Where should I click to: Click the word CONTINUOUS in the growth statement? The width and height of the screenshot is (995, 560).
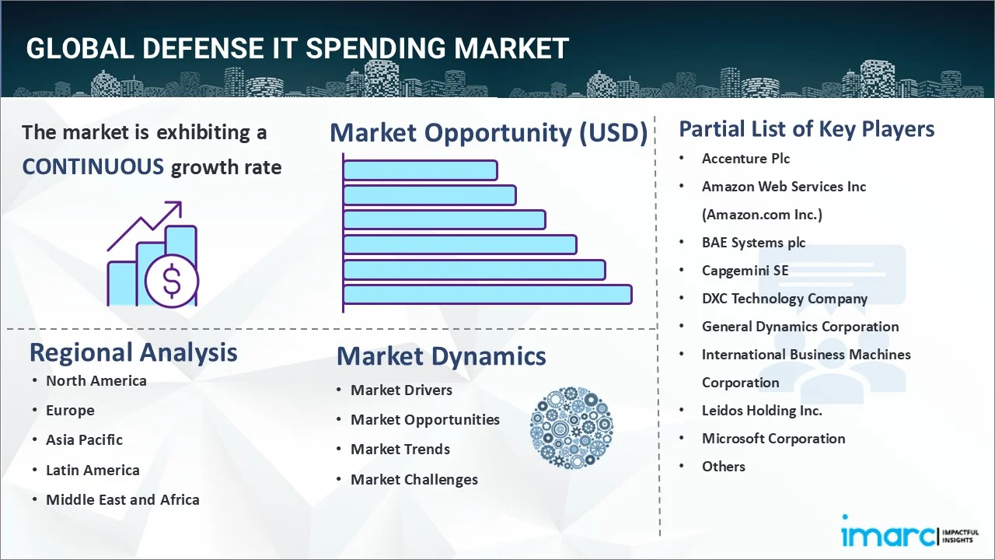point(93,166)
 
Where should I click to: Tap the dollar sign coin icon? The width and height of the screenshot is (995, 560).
point(172,281)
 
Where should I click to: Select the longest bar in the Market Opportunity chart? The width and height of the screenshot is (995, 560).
point(487,294)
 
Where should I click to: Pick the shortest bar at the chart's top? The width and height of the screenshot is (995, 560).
point(420,170)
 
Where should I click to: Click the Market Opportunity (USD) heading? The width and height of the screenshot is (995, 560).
point(488,133)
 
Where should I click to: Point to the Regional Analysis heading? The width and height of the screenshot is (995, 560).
point(133,352)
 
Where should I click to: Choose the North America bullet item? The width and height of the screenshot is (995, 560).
point(96,380)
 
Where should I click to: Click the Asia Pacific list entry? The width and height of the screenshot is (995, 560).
point(84,439)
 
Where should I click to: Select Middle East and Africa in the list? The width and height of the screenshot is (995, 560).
point(122,499)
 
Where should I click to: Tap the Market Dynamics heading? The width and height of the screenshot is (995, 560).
point(441,356)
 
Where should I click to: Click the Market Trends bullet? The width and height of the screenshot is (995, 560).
point(400,449)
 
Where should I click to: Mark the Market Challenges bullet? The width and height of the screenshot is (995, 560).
point(414,479)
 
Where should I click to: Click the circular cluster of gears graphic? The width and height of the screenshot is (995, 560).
point(571,428)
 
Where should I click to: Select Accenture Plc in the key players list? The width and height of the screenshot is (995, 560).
point(745,159)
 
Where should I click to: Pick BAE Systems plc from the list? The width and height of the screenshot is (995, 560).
point(753,243)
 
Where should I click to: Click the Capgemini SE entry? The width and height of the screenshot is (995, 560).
point(745,271)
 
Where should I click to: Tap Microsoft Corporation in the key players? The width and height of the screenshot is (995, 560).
point(773,439)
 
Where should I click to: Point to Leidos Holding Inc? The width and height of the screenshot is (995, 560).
point(761,411)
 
